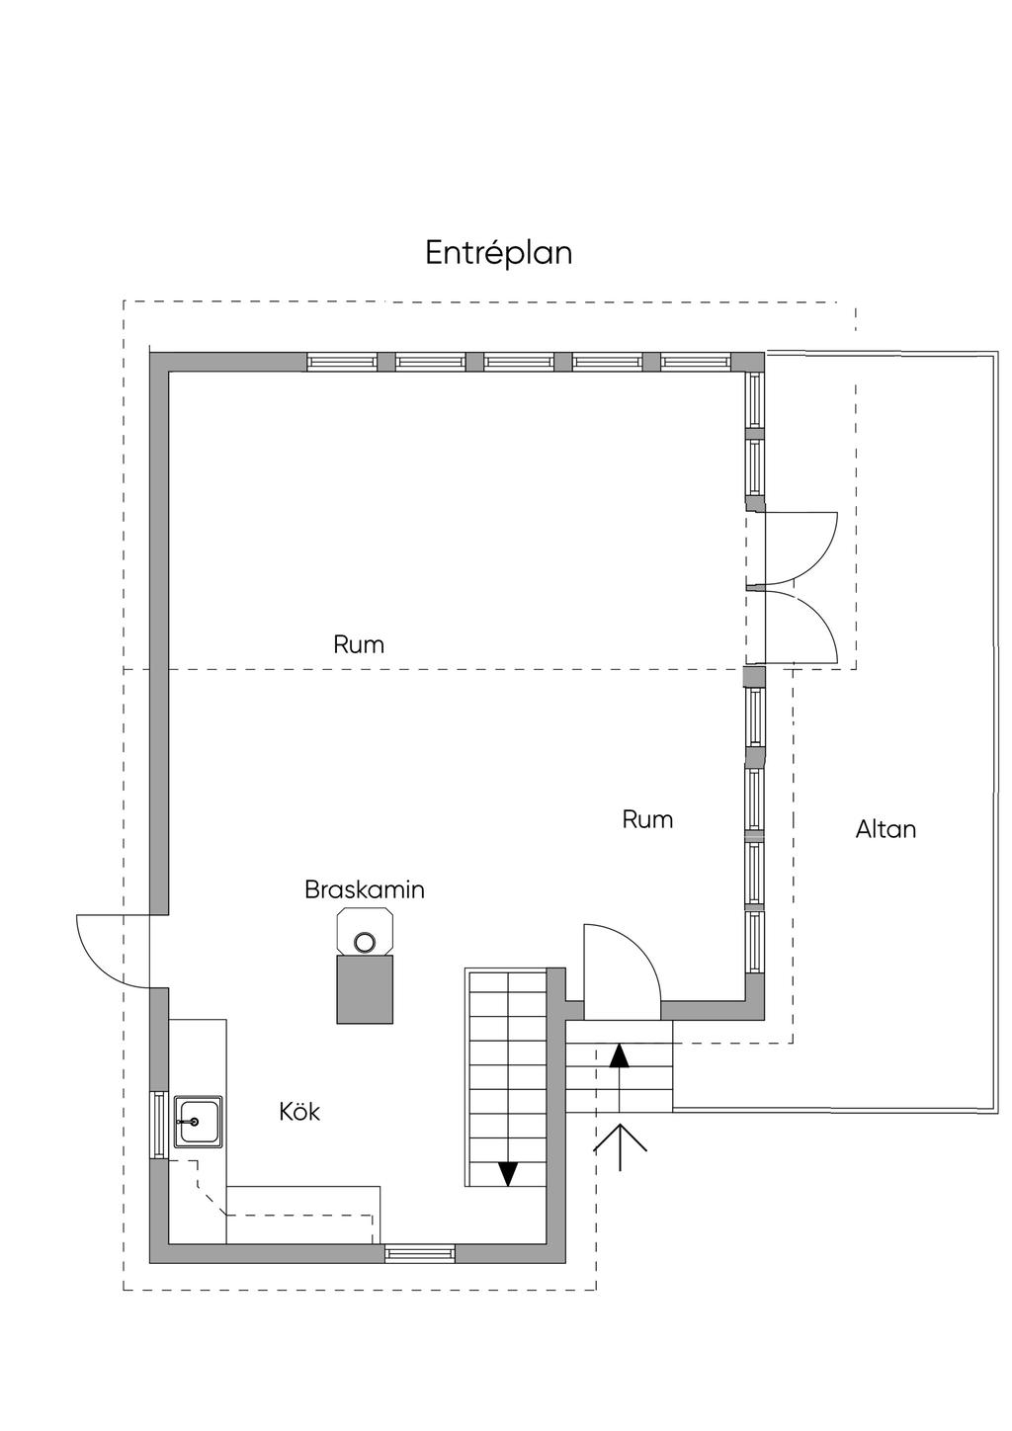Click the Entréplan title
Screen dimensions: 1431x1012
click(499, 253)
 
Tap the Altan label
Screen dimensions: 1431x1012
click(885, 829)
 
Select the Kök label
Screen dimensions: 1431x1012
click(299, 1112)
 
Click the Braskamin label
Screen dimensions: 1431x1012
click(365, 889)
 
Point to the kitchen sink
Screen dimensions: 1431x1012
click(198, 1121)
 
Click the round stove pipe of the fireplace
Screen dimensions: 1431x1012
click(366, 942)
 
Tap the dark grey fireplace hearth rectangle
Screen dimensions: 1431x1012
click(366, 989)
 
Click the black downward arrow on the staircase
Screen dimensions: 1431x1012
click(508, 1173)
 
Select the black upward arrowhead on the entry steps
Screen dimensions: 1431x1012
click(620, 1054)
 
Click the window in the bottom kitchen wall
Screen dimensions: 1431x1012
click(420, 1253)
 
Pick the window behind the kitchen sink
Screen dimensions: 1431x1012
click(158, 1125)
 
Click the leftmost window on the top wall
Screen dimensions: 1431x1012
click(341, 362)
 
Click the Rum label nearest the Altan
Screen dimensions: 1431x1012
click(647, 819)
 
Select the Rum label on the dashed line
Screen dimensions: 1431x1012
click(359, 645)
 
